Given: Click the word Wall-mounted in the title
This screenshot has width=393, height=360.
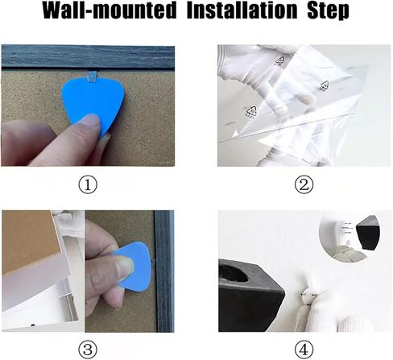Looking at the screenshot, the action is pos(110,10).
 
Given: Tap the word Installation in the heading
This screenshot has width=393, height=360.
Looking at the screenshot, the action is pos(242,10).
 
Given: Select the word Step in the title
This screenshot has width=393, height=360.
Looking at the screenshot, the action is pos(328,11).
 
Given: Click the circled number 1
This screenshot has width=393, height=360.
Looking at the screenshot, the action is pos(88,185).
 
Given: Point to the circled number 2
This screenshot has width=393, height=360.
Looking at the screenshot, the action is pos(304,185).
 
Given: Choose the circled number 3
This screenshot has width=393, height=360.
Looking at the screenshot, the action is pos(88,350).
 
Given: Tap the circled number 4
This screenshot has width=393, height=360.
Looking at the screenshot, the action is pos(304,350).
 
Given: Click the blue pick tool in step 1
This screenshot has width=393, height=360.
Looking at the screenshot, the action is pos(91,105).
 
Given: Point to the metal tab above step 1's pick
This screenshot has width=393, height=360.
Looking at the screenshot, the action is pos(92,77).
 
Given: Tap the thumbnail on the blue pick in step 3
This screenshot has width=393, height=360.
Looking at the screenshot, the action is pos(125,267).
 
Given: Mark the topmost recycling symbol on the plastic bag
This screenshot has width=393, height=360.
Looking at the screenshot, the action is pos(279,61).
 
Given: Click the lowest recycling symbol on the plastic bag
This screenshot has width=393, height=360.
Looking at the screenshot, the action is pos(250,111).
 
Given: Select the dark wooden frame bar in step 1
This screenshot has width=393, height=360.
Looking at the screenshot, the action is pos(88,57).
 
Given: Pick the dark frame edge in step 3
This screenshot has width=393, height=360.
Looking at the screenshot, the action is pos(164,271).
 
